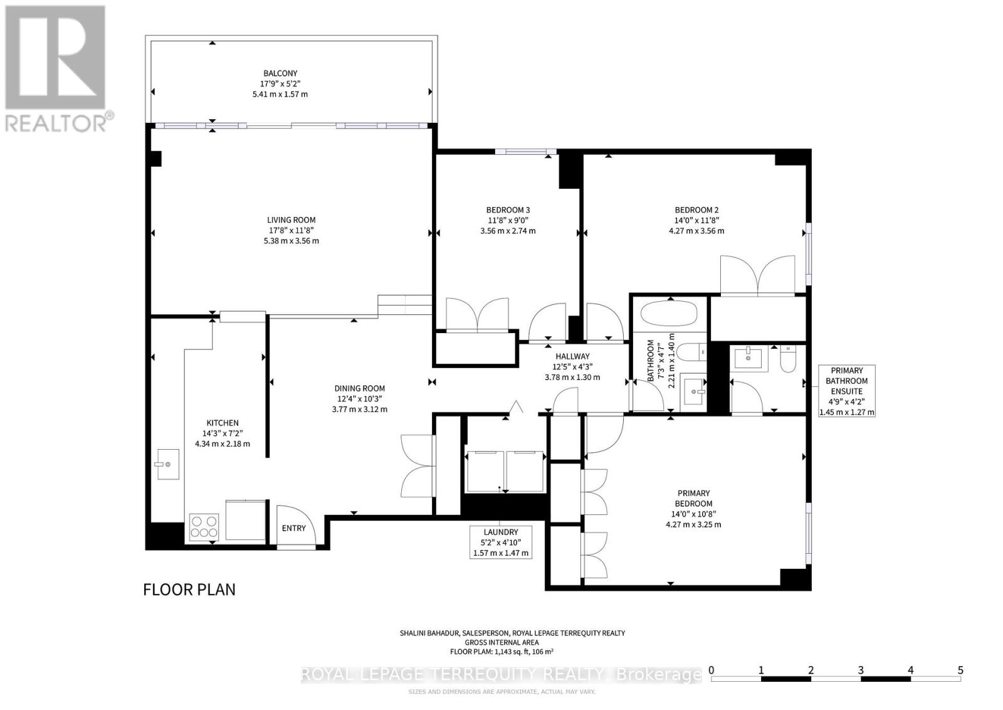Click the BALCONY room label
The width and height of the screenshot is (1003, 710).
tap(280, 73)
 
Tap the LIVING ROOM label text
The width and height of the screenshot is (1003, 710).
tap(291, 220)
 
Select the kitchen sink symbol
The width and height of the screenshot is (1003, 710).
tap(167, 464)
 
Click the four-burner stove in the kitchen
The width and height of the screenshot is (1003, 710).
tap(204, 526)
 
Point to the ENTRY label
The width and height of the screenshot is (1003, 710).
tap(293, 528)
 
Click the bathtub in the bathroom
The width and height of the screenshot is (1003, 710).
tap(670, 314)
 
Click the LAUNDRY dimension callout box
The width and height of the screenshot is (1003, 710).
tap(501, 543)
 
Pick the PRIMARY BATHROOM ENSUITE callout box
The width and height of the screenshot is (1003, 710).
tap(846, 391)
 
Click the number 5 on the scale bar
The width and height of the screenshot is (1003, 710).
tap(960, 670)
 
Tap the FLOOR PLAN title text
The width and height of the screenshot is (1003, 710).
tap(189, 590)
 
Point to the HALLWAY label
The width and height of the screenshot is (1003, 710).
tap(572, 356)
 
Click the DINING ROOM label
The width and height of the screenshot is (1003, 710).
tap(359, 388)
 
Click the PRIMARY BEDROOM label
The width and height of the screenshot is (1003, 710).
tap(693, 498)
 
